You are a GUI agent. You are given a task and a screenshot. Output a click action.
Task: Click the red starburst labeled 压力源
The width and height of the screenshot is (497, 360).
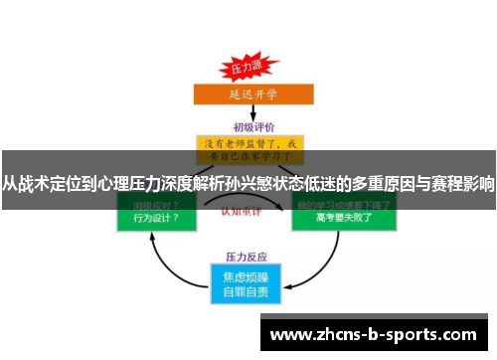point(247,69)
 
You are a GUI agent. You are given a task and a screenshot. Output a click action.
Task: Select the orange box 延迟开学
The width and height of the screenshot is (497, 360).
point(247,95)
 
